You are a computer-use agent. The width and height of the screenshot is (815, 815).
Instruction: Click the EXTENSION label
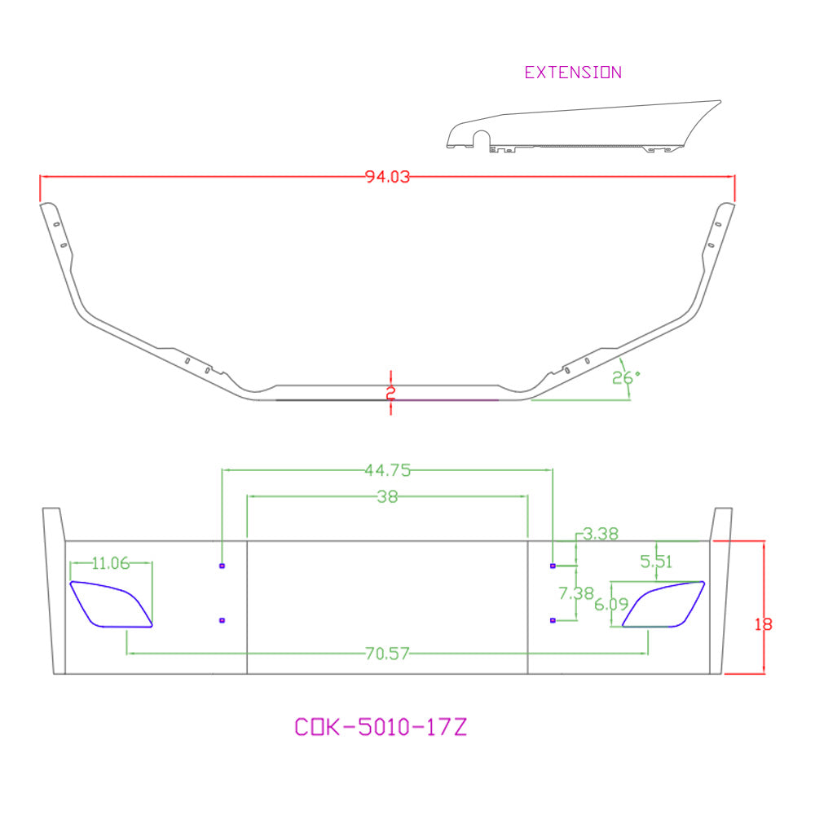point(573,73)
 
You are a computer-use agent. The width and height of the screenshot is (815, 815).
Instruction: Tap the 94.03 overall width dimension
point(387,177)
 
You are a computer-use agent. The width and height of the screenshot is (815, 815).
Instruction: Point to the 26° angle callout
point(626,378)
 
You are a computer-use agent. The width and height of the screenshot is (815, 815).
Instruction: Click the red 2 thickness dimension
point(391,393)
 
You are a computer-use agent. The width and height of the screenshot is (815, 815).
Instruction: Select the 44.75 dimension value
point(388,470)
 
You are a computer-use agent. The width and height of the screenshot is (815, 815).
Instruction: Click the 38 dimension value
point(387,497)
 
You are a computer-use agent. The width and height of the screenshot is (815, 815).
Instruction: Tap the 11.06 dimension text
point(111,563)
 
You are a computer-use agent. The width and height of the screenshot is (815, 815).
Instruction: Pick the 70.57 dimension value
point(387,654)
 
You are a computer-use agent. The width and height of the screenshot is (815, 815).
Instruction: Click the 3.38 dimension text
point(601,534)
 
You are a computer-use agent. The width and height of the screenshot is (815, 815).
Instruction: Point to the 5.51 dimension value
point(656,562)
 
